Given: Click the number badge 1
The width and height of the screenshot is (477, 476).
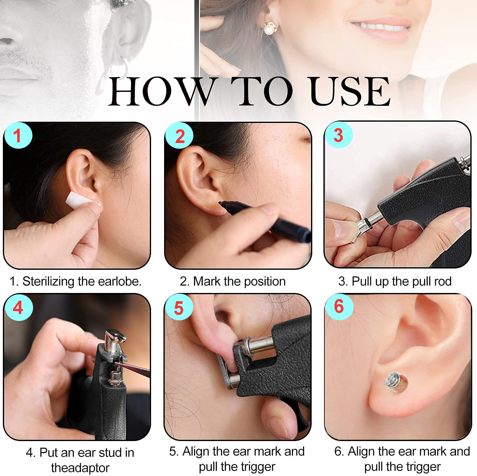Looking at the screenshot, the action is (x=17, y=135).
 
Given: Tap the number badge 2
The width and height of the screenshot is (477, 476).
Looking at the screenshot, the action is (x=180, y=136).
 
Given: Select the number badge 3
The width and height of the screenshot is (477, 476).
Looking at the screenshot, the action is (x=338, y=135).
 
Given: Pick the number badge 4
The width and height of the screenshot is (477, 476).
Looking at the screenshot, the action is (x=18, y=307).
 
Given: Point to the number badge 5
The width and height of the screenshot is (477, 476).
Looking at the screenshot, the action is (x=179, y=307).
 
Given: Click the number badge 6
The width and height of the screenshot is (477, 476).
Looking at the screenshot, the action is (x=339, y=307).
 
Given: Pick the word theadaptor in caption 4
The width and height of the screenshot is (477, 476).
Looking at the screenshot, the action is (x=80, y=468).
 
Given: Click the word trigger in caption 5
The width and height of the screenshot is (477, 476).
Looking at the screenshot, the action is (x=257, y=467).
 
